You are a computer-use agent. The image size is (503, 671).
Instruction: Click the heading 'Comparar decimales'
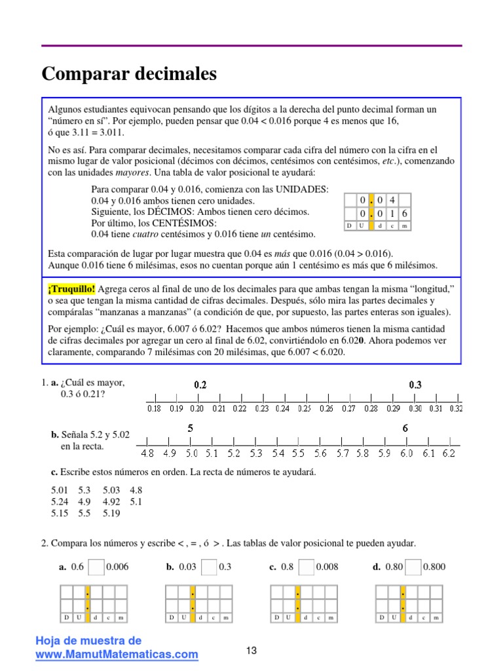point(129,74)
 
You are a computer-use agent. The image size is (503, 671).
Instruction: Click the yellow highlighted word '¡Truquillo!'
point(72,288)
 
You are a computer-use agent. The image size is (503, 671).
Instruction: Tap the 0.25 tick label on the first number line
point(304,408)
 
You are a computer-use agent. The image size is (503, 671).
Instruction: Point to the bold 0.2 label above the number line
point(200,385)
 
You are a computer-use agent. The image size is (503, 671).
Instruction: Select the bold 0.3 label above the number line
point(415,385)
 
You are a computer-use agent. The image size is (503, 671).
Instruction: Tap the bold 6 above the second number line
point(405,429)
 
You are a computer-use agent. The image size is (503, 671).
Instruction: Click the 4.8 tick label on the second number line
point(147,453)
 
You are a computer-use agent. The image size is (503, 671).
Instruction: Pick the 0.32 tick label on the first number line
point(456,408)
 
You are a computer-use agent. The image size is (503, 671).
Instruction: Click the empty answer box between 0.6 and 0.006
point(96,567)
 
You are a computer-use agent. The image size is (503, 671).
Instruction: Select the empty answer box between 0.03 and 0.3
point(209,567)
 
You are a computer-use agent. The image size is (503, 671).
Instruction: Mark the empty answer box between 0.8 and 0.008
point(306,567)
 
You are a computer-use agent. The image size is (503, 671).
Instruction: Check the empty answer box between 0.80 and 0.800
point(413,567)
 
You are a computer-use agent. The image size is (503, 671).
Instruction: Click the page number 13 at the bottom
point(251,651)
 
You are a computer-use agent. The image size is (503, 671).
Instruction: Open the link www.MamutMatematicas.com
point(117,654)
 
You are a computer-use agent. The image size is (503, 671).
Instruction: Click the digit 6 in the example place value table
point(404,214)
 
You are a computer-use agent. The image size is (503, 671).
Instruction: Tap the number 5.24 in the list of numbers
point(60,502)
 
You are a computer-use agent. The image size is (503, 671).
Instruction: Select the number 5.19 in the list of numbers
point(111,514)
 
